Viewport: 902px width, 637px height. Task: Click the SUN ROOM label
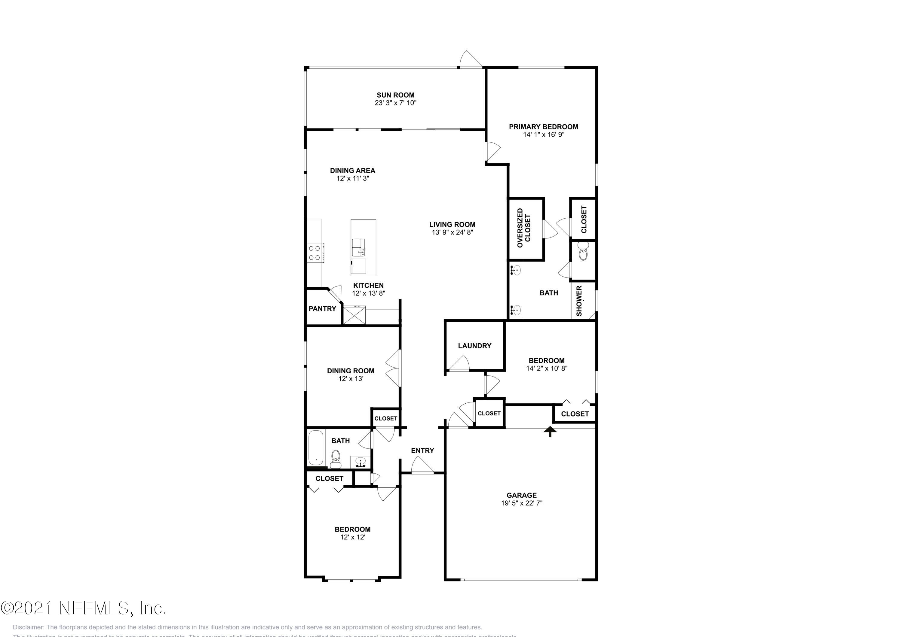click(x=395, y=95)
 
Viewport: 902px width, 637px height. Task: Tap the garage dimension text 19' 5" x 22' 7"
click(x=521, y=503)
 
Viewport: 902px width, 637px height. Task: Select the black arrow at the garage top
click(x=550, y=431)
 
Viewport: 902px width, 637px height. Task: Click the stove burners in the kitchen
click(x=315, y=253)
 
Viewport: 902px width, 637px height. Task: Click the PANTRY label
click(x=322, y=309)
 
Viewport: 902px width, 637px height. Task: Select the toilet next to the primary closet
click(x=583, y=252)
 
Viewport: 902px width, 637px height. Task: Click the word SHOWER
click(x=579, y=301)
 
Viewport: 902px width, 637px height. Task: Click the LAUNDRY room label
click(x=474, y=346)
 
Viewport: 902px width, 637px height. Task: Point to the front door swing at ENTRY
click(x=422, y=466)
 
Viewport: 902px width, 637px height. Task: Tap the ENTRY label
click(x=422, y=450)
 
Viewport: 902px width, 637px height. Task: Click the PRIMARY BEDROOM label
click(x=543, y=127)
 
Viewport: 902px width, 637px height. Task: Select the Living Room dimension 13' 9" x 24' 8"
click(x=452, y=232)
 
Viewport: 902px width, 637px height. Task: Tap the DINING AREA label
click(x=352, y=170)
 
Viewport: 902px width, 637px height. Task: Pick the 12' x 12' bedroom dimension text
click(x=352, y=537)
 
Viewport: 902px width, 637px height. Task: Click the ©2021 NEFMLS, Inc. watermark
click(x=83, y=608)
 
